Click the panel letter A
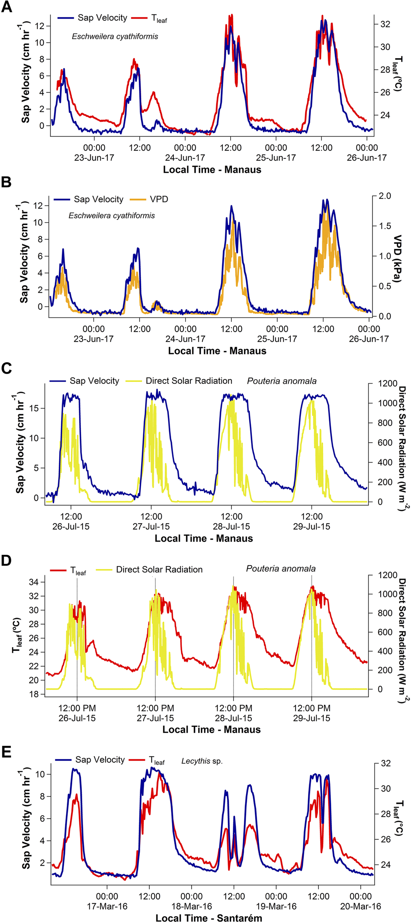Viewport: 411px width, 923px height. point(7,7)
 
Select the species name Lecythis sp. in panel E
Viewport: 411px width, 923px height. point(202,761)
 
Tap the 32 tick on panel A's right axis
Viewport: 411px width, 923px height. point(385,24)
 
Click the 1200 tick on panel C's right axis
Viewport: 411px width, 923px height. point(387,383)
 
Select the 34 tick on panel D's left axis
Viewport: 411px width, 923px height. point(34,582)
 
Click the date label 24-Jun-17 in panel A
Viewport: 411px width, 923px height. point(185,158)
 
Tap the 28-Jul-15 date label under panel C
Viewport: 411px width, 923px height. point(231,526)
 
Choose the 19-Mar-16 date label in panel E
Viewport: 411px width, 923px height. point(276,906)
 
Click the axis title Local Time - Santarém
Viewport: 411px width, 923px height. point(208,918)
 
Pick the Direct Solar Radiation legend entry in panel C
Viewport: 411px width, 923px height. point(189,381)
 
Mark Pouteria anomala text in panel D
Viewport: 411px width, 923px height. point(281,569)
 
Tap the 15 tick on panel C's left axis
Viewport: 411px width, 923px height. point(34,408)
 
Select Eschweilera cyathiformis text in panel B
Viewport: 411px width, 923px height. point(111,216)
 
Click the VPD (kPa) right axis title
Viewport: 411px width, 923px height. point(397,258)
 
